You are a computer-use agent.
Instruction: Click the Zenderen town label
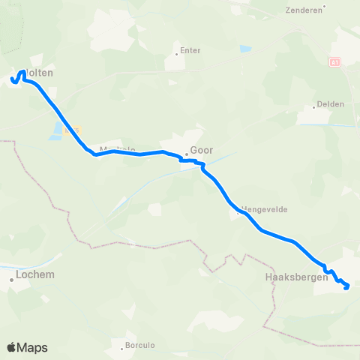point(304,10)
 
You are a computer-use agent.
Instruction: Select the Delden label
point(330,104)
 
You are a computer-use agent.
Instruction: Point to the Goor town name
point(202,149)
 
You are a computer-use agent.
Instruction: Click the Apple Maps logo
point(27,348)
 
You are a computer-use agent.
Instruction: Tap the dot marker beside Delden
point(314,107)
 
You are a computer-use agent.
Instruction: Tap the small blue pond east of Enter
point(245,49)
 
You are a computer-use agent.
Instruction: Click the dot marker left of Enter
point(176,53)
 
